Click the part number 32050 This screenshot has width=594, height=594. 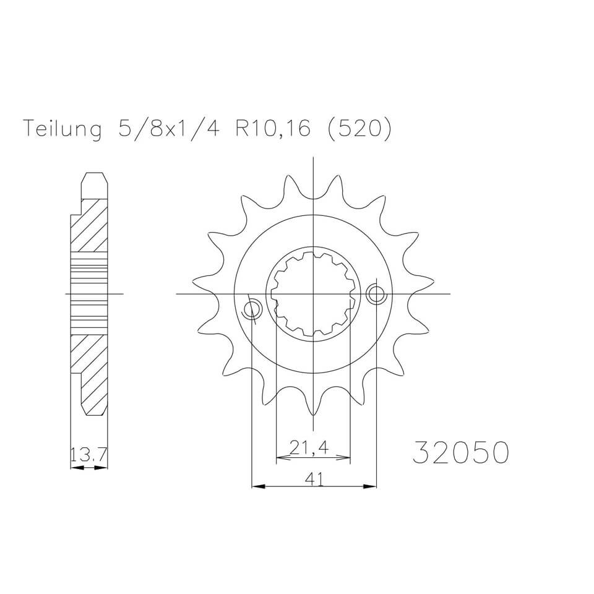pyautogui.click(x=460, y=452)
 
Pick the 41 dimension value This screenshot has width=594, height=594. pyautogui.click(x=314, y=478)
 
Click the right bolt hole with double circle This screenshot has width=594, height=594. pyautogui.click(x=376, y=295)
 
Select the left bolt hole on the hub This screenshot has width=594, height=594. pyautogui.click(x=252, y=309)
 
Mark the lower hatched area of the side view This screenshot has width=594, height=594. pyautogui.click(x=90, y=371)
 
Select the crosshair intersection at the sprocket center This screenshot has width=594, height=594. pyautogui.click(x=314, y=293)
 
